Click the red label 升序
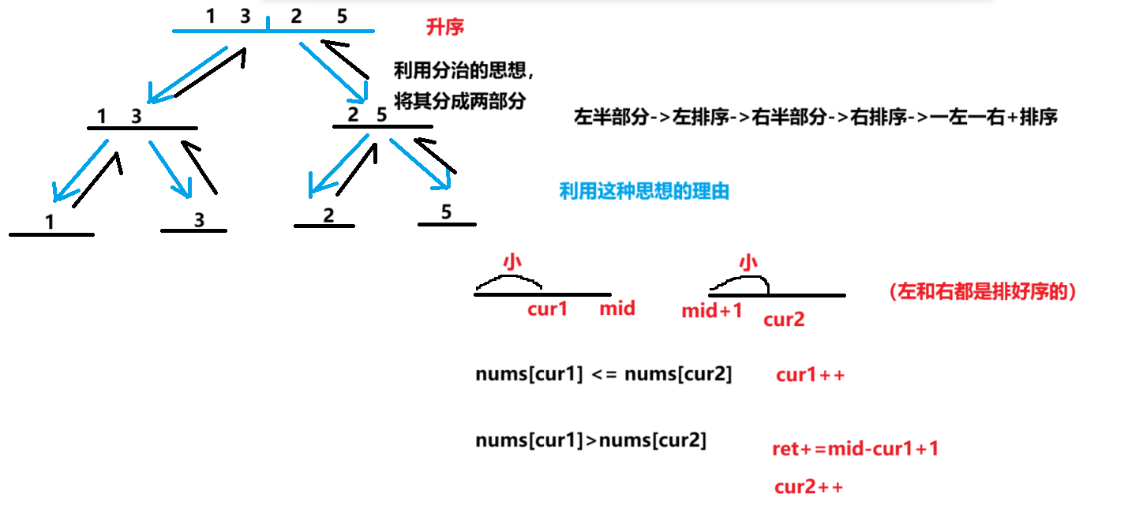(x=445, y=28)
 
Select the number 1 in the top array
(x=211, y=15)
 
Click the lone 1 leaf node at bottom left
(x=50, y=223)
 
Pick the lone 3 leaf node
(x=199, y=220)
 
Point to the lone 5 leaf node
(x=447, y=212)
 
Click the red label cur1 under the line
(x=548, y=309)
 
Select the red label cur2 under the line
(x=784, y=320)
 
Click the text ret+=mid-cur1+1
(x=856, y=450)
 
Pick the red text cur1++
(x=811, y=375)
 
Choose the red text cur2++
(x=809, y=487)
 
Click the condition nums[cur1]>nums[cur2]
(x=590, y=440)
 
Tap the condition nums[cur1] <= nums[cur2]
(x=604, y=375)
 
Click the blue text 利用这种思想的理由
(x=644, y=191)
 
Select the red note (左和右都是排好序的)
(x=983, y=291)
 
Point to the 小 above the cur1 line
(x=513, y=262)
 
